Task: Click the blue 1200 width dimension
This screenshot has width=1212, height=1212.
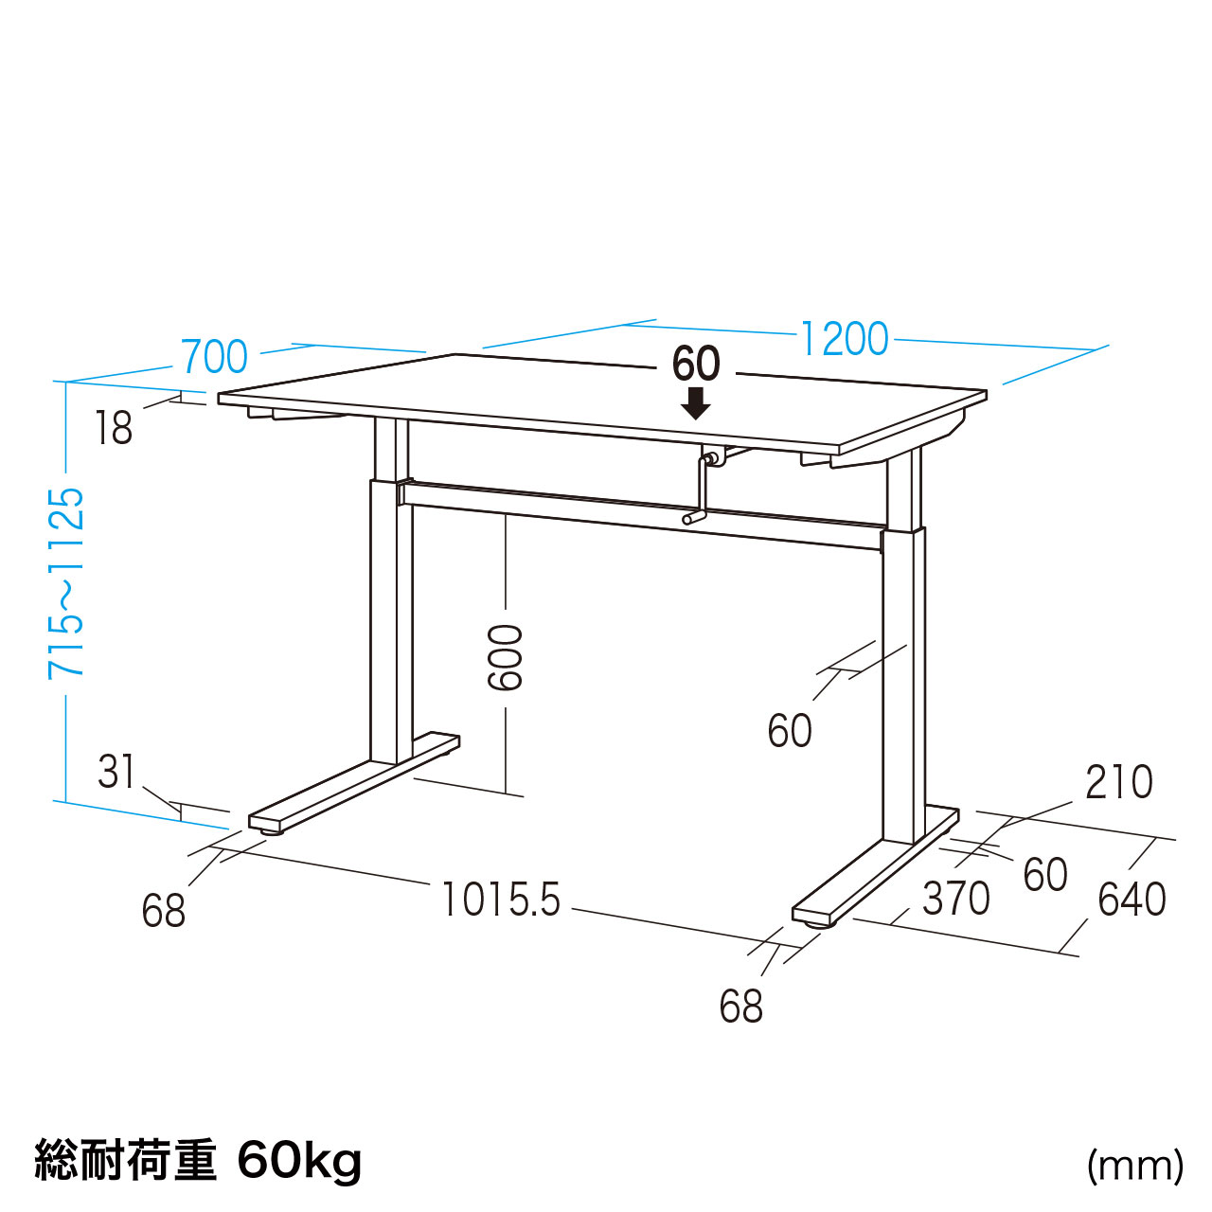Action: click(x=844, y=339)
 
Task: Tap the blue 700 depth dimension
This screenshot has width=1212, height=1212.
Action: click(x=215, y=357)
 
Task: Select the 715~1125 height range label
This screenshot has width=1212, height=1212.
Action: click(x=65, y=583)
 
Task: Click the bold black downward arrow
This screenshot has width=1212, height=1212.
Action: click(x=696, y=403)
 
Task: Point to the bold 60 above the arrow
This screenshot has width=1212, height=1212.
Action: click(x=696, y=365)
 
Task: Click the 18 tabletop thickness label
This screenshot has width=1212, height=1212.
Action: click(x=114, y=427)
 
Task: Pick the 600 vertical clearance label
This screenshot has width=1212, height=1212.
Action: click(x=505, y=657)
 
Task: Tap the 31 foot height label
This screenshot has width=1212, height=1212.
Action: click(x=116, y=772)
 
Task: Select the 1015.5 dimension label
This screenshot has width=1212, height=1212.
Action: click(x=501, y=899)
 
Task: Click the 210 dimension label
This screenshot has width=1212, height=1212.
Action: click(x=1119, y=782)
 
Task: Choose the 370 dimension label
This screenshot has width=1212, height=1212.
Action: click(x=956, y=899)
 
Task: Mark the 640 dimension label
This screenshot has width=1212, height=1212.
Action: click(x=1132, y=900)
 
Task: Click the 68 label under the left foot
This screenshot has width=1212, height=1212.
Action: click(x=164, y=910)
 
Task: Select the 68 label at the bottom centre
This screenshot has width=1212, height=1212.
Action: click(x=740, y=1006)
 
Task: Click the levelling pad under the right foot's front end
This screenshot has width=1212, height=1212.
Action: click(x=820, y=923)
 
